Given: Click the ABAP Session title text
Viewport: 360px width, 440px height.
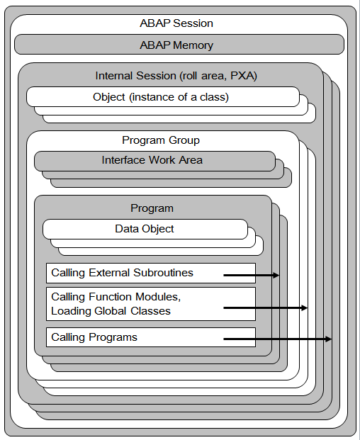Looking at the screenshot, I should pyautogui.click(x=176, y=23).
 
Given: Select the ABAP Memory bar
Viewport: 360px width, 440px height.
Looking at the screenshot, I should pyautogui.click(x=179, y=45).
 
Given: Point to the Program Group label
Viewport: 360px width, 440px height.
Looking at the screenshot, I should pyautogui.click(x=161, y=140).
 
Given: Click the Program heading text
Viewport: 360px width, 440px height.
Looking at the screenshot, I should pyautogui.click(x=152, y=208).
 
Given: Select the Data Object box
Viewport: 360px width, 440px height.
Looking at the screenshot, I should pyautogui.click(x=145, y=229).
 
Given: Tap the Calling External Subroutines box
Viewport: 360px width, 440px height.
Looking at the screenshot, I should pyautogui.click(x=150, y=273).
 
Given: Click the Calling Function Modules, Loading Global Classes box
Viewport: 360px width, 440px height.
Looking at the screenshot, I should pyautogui.click(x=150, y=304).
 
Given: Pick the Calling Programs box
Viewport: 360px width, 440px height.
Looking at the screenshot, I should pyautogui.click(x=150, y=337).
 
